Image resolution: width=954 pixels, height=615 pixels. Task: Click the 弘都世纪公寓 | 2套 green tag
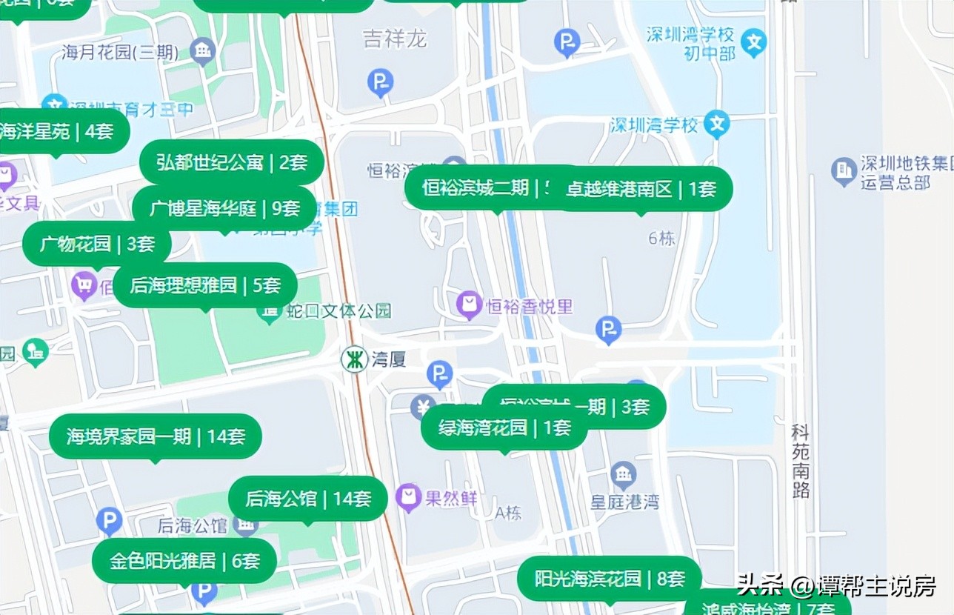click(232, 162)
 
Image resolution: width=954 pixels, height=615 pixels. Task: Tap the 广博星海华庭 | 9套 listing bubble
click(224, 209)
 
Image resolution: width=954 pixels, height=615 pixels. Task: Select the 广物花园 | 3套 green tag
click(97, 244)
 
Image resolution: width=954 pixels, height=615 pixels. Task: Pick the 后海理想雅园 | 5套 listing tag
click(205, 285)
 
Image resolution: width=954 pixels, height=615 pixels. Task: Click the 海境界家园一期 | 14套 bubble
click(156, 436)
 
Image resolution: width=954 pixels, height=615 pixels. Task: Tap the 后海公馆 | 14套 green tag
click(307, 499)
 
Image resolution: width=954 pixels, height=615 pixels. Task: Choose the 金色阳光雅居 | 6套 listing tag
click(184, 561)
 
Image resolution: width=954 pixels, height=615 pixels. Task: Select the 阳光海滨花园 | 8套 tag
click(609, 579)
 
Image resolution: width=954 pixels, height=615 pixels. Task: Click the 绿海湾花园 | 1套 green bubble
click(504, 428)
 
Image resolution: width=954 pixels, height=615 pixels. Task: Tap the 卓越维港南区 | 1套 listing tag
click(641, 189)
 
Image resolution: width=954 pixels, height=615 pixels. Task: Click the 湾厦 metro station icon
click(354, 360)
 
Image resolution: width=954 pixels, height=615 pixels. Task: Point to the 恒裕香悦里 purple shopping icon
click(469, 305)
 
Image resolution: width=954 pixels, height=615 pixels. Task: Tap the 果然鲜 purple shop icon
click(408, 498)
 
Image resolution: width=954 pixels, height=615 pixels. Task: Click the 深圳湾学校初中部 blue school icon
click(754, 43)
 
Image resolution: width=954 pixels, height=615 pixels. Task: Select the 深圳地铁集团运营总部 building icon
click(844, 171)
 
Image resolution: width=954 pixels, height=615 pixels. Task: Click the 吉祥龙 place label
click(395, 39)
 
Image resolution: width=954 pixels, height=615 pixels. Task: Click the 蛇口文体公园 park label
click(339, 311)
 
